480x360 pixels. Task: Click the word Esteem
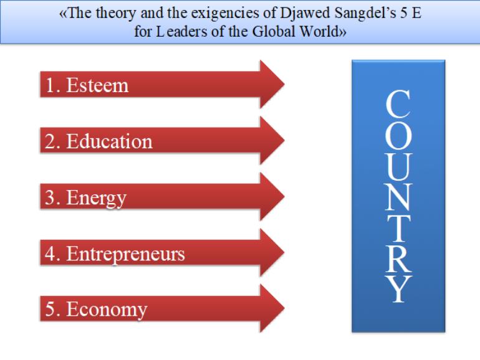pos(97,85)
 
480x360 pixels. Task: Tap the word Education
pos(110,141)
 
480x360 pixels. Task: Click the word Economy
pos(107,310)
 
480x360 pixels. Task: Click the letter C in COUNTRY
pos(398,104)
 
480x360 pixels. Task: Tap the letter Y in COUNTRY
pos(398,289)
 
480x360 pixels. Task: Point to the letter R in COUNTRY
pos(398,258)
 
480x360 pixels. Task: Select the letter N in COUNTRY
pos(398,197)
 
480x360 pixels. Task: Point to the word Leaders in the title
pos(181,32)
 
